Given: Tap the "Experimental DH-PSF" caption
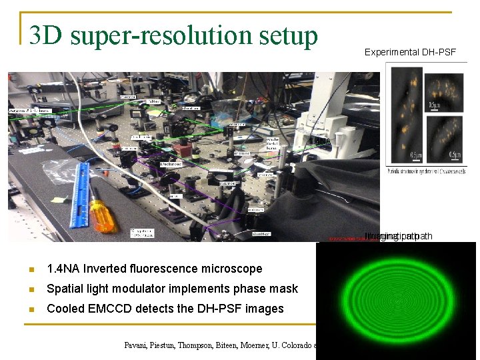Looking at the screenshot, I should tap(410, 52).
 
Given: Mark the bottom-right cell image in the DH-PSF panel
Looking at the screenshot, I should tap(445, 139).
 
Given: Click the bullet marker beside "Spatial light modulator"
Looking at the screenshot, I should tap(31, 289).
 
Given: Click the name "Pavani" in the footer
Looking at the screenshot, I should tap(140, 345).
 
